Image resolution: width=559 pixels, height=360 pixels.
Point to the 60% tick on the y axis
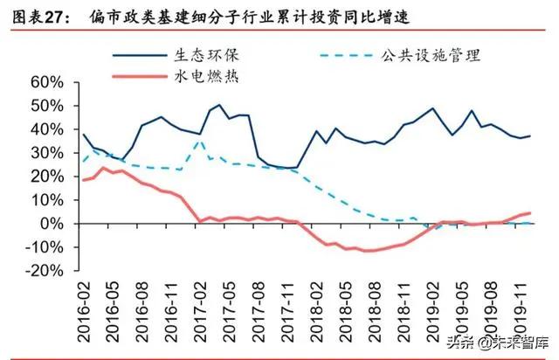pos(47,82)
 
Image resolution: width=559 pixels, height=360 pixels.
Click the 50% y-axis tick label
pos(47,106)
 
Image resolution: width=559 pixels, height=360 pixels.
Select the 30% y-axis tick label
pos(47,153)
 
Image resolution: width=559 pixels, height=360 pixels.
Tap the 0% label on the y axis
pos(54,224)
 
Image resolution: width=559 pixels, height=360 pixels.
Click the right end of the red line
pos(530,213)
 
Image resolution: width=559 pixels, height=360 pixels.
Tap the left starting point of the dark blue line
pos(84,135)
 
